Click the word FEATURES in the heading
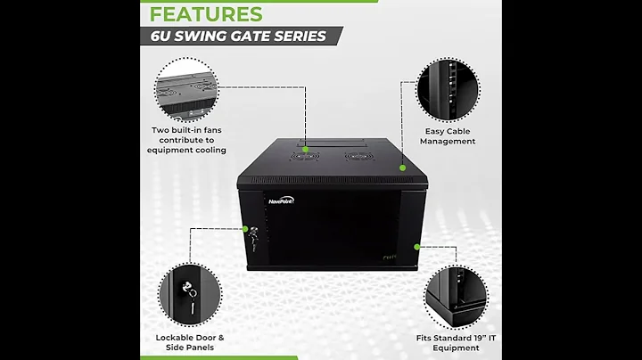click(x=205, y=13)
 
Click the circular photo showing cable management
click(x=448, y=87)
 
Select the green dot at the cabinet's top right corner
click(x=403, y=166)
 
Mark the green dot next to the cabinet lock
click(x=246, y=229)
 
